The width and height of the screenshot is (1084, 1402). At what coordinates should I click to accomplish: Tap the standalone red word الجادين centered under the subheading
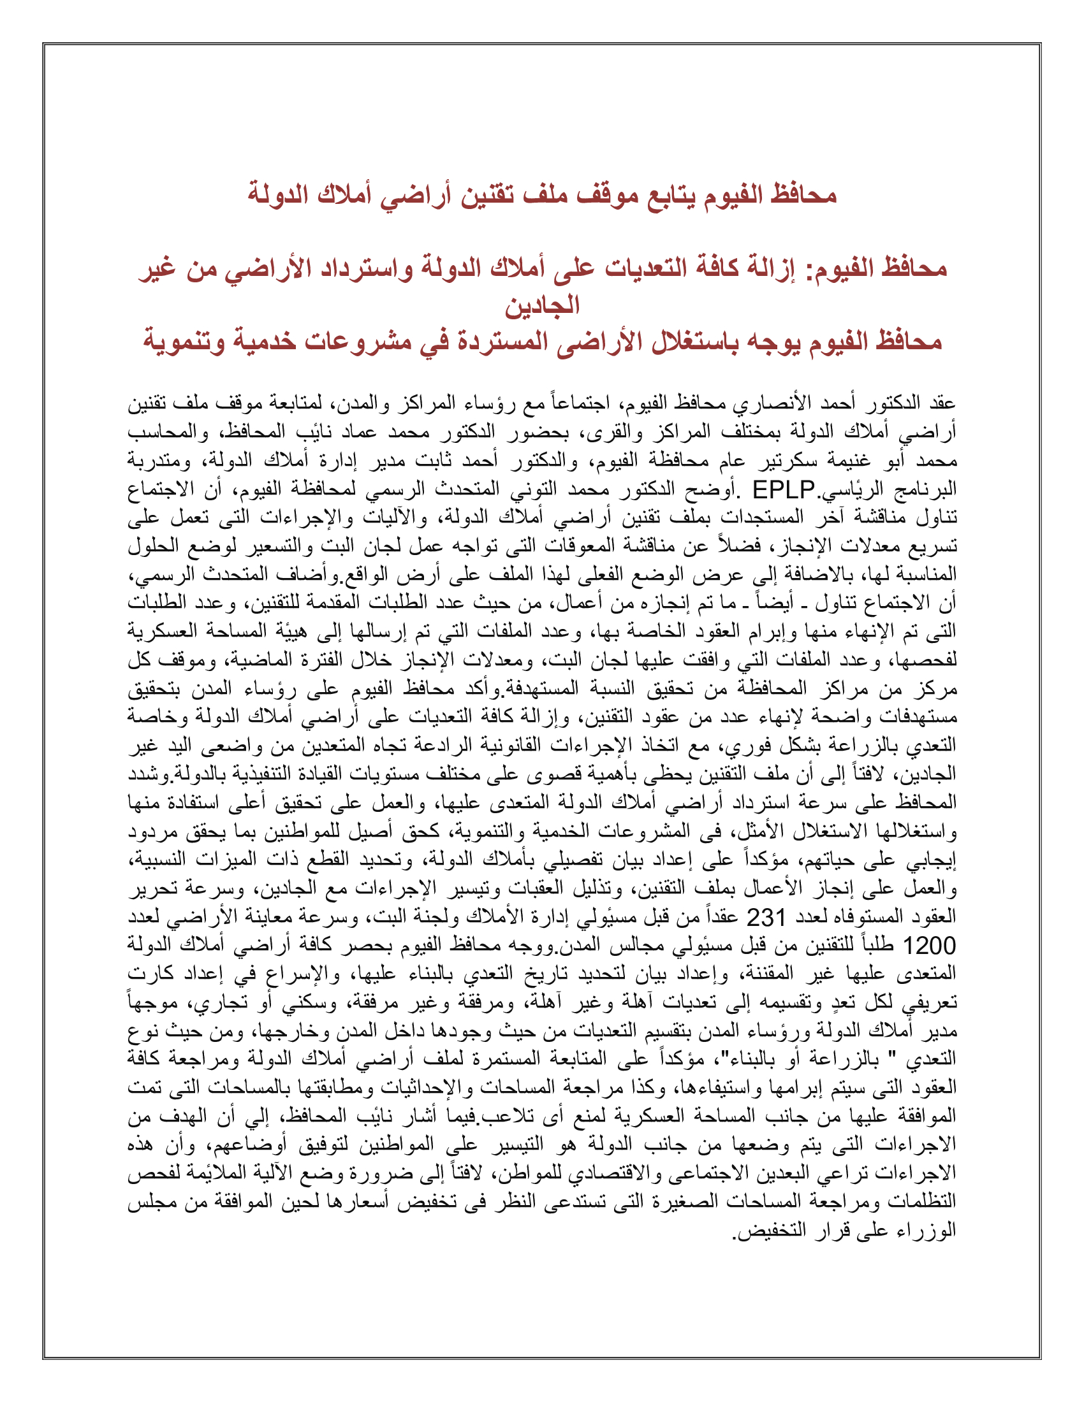pyautogui.click(x=542, y=305)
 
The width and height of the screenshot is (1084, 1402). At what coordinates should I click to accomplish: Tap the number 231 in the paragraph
pyautogui.click(x=766, y=918)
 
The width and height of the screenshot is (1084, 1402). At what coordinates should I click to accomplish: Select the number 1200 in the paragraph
pyautogui.click(x=929, y=946)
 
